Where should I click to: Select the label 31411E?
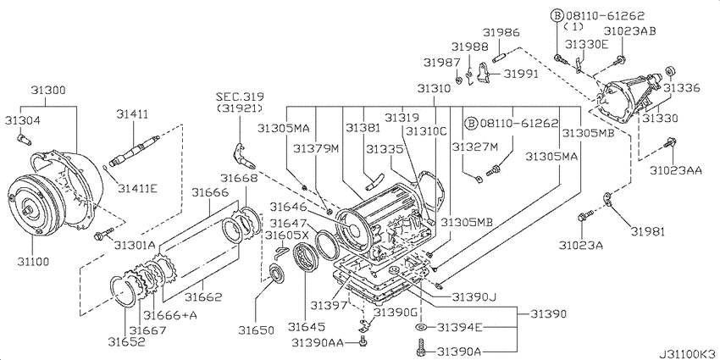pyautogui.click(x=138, y=188)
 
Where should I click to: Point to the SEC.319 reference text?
pyautogui.click(x=238, y=98)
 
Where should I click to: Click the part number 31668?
pyautogui.click(x=239, y=178)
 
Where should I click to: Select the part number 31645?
pyautogui.click(x=307, y=326)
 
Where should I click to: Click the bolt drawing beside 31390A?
pyautogui.click(x=420, y=347)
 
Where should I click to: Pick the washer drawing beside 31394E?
pyautogui.click(x=421, y=327)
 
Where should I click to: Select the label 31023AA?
pyautogui.click(x=676, y=171)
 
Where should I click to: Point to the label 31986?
pyautogui.click(x=501, y=32)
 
